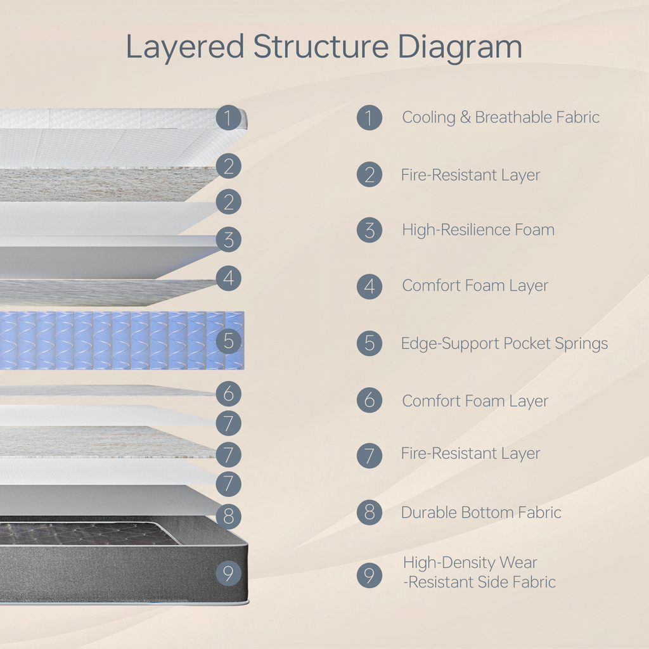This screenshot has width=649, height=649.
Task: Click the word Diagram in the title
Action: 460,48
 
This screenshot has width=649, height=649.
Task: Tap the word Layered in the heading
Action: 184,48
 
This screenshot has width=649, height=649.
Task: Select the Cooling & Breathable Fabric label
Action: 501,117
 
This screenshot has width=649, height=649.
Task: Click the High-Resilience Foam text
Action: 478,230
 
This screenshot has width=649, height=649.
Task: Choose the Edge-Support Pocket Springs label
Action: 504,344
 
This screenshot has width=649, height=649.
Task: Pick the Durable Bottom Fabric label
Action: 481,512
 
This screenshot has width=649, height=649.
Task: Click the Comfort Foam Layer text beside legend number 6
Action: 475,401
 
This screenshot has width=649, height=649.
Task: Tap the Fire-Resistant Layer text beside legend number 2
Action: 470,175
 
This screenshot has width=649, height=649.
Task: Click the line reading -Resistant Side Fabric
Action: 480,582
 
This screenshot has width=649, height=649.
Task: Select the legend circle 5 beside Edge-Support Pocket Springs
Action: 369,344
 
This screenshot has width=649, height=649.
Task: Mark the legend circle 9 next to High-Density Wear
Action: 369,575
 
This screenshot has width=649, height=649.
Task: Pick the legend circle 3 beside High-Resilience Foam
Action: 369,230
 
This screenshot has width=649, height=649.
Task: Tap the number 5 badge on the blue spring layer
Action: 228,341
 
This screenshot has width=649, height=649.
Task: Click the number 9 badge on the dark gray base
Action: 228,574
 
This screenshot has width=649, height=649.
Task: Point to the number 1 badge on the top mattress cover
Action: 228,117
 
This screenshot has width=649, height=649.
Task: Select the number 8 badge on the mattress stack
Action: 228,517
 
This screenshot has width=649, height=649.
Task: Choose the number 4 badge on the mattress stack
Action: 228,278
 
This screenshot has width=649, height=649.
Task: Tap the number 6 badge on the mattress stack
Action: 228,394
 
